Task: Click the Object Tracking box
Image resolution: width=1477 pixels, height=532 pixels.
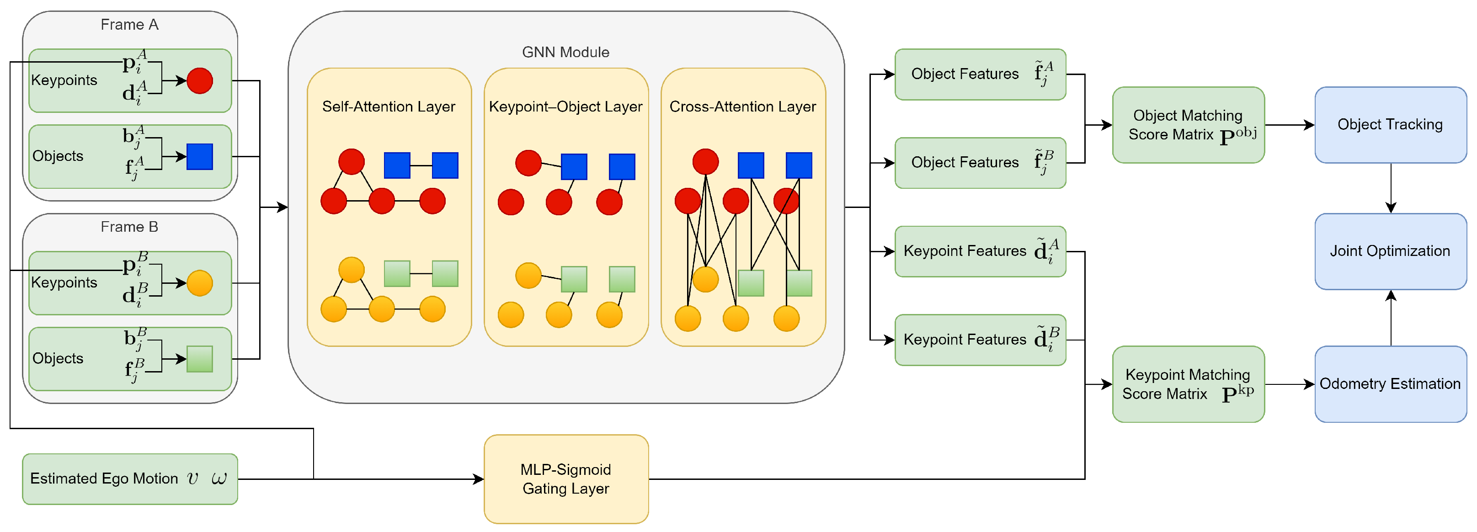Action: (1390, 124)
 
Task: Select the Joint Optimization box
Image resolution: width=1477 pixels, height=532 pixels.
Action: (1390, 251)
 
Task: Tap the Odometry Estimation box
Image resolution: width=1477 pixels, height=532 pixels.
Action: (1390, 383)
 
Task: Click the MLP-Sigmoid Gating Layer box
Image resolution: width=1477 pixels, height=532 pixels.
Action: (566, 479)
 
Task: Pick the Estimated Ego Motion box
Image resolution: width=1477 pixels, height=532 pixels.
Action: (129, 479)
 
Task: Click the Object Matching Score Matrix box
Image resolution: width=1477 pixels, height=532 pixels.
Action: (1188, 124)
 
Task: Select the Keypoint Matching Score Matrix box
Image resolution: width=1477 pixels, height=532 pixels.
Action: (1188, 383)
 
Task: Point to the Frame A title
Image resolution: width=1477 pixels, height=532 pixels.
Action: (129, 25)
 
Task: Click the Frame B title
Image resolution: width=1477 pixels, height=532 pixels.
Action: (129, 227)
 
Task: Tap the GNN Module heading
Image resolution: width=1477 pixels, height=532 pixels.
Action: (565, 52)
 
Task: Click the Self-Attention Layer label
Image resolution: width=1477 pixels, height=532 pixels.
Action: (389, 106)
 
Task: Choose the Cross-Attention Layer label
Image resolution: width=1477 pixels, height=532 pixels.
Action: (742, 106)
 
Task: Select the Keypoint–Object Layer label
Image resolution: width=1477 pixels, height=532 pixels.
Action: (565, 106)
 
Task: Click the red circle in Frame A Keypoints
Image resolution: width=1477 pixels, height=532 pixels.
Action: (199, 81)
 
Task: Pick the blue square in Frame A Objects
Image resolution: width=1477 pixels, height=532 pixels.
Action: (199, 156)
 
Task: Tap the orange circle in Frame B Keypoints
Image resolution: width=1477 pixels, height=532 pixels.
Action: (199, 283)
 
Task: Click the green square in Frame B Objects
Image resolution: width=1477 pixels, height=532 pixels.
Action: (199, 359)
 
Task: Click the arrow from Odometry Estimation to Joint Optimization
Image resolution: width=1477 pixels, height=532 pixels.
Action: (1391, 318)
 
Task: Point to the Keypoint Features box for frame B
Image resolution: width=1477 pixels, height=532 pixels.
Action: (980, 340)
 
